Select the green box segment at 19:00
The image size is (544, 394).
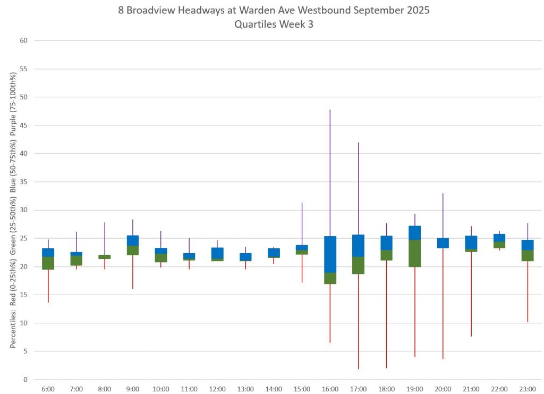[414, 253]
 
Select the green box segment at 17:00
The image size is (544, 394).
[358, 265]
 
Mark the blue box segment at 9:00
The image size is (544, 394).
[132, 240]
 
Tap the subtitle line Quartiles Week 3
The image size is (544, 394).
[274, 24]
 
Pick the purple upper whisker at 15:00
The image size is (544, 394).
[302, 224]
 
